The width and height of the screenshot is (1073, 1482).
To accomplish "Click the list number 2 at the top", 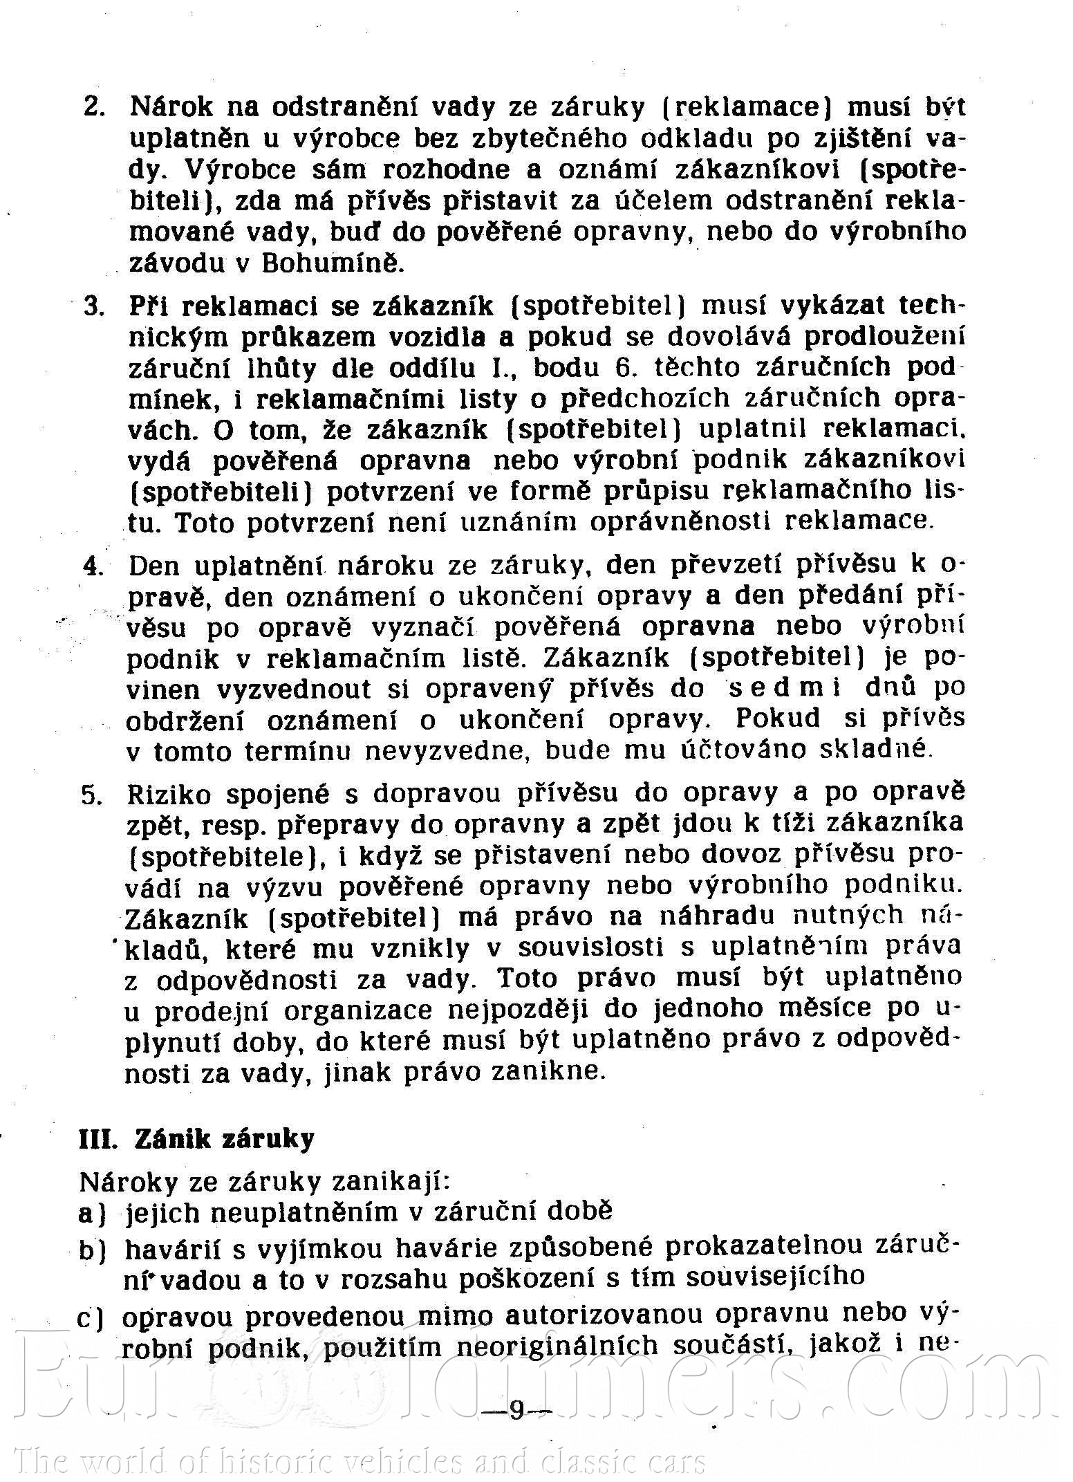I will coord(93,108).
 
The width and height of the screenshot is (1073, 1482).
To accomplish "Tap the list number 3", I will coord(93,306).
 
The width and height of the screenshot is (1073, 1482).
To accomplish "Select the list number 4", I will coord(93,566).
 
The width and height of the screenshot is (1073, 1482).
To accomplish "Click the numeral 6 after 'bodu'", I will coord(623,367).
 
